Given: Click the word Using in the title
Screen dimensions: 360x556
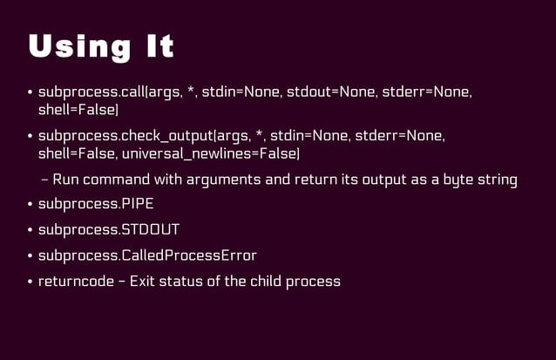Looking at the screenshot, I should [x=78, y=47].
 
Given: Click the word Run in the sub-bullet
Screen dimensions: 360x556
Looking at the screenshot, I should [x=66, y=180].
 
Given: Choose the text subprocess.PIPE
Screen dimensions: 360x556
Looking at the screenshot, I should [x=90, y=205].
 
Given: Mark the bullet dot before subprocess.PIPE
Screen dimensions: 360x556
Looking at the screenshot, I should [x=30, y=206].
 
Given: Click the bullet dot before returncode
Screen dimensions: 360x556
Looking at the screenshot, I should [x=30, y=282].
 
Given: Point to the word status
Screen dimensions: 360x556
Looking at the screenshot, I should [x=184, y=282].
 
